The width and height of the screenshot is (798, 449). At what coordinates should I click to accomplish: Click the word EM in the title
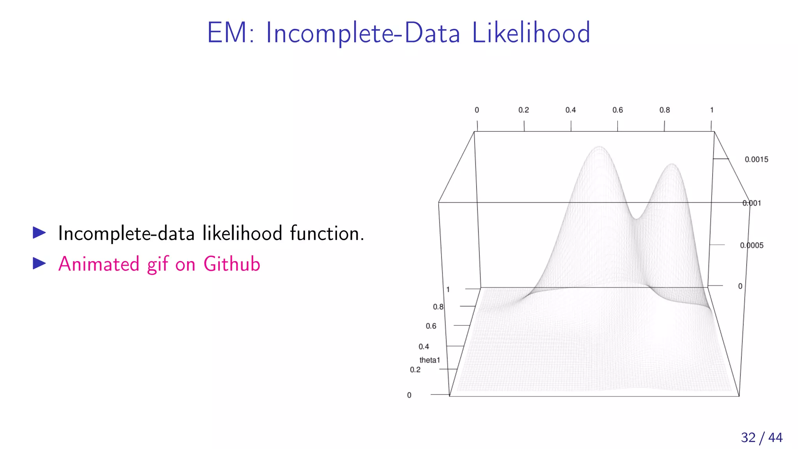tap(227, 33)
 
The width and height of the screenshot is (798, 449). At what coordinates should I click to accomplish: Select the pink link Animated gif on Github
tap(159, 264)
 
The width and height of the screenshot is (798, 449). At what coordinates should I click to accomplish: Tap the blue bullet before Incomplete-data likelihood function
tap(39, 233)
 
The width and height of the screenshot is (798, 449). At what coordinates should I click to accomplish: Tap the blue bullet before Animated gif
tap(39, 264)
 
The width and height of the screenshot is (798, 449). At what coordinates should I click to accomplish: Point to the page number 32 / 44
tap(761, 437)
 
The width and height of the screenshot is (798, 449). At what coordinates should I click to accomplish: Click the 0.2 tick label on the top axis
tap(523, 110)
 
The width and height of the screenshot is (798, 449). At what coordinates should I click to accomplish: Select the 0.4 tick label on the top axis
tap(570, 110)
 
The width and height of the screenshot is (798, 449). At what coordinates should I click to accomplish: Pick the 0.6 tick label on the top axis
tap(617, 110)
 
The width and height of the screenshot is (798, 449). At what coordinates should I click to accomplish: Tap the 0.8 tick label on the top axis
tap(664, 110)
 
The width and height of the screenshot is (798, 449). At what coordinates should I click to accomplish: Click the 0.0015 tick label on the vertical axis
tap(756, 159)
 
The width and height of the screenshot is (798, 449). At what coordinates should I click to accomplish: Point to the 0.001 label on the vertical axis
tap(752, 203)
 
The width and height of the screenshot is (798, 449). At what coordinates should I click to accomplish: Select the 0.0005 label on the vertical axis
tap(752, 245)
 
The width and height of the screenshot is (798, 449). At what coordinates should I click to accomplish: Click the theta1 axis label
tap(429, 360)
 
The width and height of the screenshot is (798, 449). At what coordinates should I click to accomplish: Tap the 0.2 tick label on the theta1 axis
tap(415, 369)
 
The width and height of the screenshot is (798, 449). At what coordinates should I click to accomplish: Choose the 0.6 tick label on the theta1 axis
tap(431, 326)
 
